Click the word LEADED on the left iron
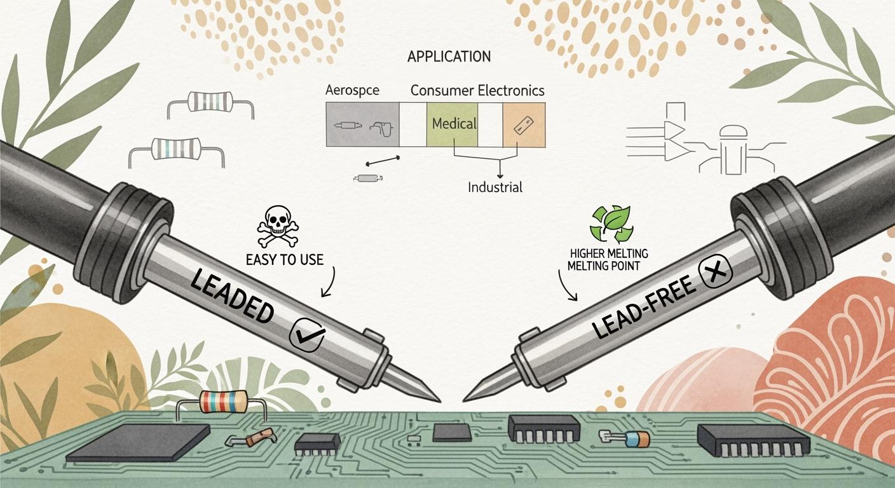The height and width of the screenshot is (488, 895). pos(231,293)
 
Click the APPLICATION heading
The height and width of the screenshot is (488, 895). pos(449,57)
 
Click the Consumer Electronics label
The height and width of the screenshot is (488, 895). pos(477,90)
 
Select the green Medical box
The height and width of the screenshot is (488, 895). pos(452,124)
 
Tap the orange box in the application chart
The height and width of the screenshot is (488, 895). pos(524,125)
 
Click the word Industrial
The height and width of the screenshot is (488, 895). pos(495,187)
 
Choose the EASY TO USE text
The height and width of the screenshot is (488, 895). pos(284,259)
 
